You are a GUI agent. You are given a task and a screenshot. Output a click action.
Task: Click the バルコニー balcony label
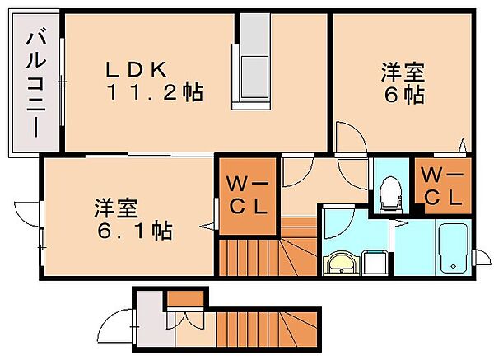click(35, 83)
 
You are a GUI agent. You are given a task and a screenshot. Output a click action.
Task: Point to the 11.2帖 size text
click(153, 92)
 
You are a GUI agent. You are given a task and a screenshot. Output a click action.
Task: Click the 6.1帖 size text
click(130, 231)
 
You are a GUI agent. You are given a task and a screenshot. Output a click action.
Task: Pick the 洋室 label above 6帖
click(402, 72)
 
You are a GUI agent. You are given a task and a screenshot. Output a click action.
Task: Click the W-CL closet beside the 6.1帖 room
click(245, 196)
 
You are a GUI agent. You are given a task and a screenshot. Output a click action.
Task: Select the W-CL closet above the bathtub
click(443, 186)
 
